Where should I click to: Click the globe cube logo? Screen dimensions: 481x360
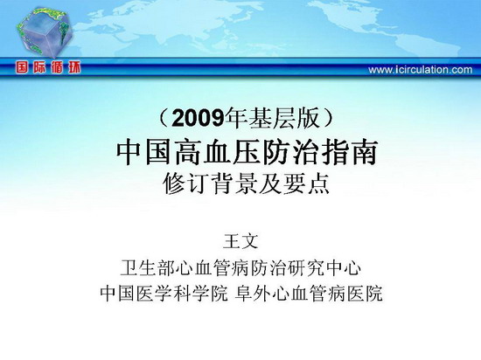pyautogui.click(x=45, y=32)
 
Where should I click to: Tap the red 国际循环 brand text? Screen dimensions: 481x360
pyautogui.click(x=48, y=67)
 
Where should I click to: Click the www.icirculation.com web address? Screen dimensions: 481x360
pyautogui.click(x=421, y=70)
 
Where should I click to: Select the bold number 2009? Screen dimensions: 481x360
pyautogui.click(x=198, y=119)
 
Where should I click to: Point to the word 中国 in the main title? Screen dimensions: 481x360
pyautogui.click(x=143, y=152)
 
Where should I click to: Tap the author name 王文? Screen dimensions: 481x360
pyautogui.click(x=240, y=241)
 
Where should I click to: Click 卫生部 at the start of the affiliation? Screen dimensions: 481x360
pyautogui.click(x=148, y=267)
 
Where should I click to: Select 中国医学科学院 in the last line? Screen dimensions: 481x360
pyautogui.click(x=164, y=294)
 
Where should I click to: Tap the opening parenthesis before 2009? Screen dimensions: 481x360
pyautogui.click(x=164, y=119)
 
